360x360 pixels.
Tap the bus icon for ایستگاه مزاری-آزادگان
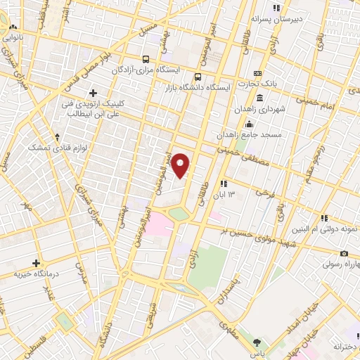[146, 60]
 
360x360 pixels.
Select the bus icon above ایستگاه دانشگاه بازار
[198, 77]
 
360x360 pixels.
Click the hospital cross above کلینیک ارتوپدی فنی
[94, 93]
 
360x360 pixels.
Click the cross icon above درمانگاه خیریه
[36, 262]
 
